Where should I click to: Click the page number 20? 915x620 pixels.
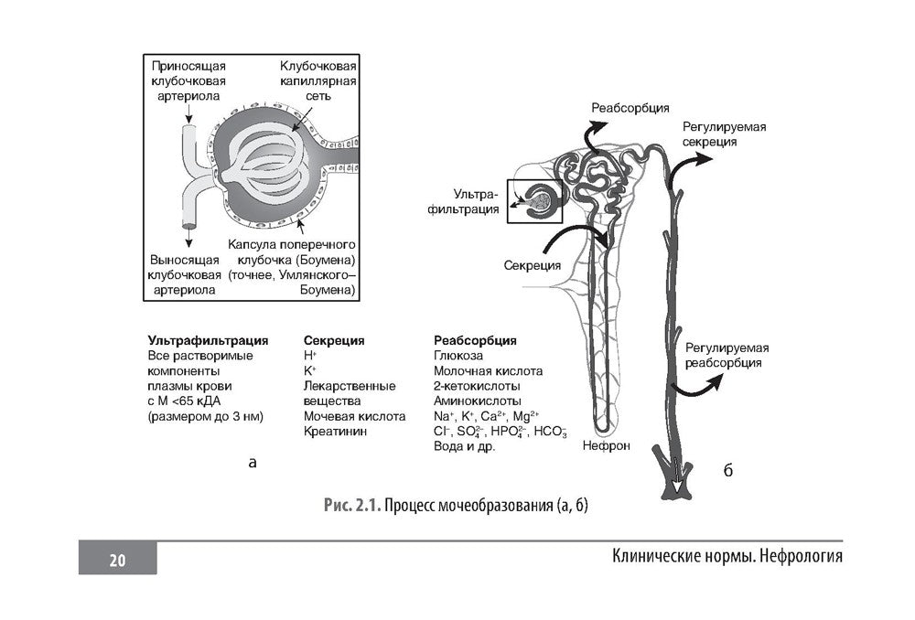(117, 560)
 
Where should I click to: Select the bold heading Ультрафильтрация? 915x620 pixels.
(208, 340)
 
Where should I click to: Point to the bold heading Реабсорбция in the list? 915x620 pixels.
(475, 340)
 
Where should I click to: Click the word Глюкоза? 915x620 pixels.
(458, 355)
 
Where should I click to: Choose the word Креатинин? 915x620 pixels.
(336, 431)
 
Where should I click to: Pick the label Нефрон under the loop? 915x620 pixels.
(605, 447)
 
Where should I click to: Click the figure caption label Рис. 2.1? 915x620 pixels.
(352, 506)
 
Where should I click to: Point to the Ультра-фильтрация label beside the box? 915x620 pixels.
(477, 202)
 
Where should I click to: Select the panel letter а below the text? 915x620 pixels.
(253, 463)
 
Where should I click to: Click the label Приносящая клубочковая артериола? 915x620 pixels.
(188, 80)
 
